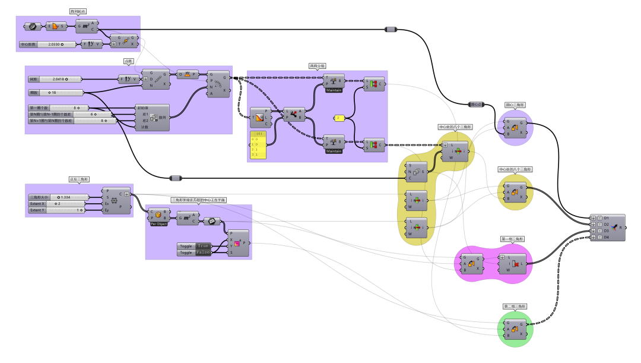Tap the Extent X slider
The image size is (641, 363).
click(56, 204)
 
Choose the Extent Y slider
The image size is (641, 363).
click(56, 210)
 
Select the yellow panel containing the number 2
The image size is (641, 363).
click(339, 118)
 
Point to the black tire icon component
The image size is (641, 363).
click(30, 26)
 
